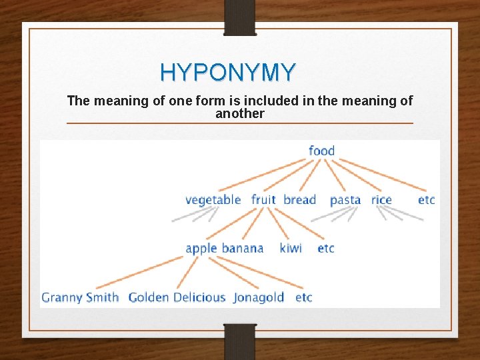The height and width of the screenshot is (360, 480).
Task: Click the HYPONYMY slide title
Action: [227, 71]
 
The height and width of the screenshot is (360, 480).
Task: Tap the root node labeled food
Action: [321, 151]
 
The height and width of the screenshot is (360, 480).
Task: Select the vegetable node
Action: [213, 199]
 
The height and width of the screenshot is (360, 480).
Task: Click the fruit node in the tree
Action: [263, 199]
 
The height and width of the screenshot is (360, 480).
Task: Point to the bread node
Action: [299, 199]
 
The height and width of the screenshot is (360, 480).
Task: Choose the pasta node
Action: [345, 200]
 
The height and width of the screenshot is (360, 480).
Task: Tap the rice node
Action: [381, 199]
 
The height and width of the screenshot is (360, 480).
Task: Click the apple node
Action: [201, 249]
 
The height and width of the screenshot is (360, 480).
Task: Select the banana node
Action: [242, 248]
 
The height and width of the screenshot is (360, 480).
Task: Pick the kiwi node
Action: [291, 248]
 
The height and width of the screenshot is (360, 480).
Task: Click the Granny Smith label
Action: [80, 297]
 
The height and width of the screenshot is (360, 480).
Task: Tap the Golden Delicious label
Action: [177, 297]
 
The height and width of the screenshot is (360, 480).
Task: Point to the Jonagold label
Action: [259, 297]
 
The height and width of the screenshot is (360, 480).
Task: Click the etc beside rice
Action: [426, 199]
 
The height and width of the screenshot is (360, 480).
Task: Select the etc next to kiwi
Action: [325, 248]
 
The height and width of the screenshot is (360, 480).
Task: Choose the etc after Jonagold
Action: [303, 297]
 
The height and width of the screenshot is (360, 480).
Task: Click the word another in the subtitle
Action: [239, 113]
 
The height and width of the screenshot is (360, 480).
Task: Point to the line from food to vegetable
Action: [264, 175]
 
